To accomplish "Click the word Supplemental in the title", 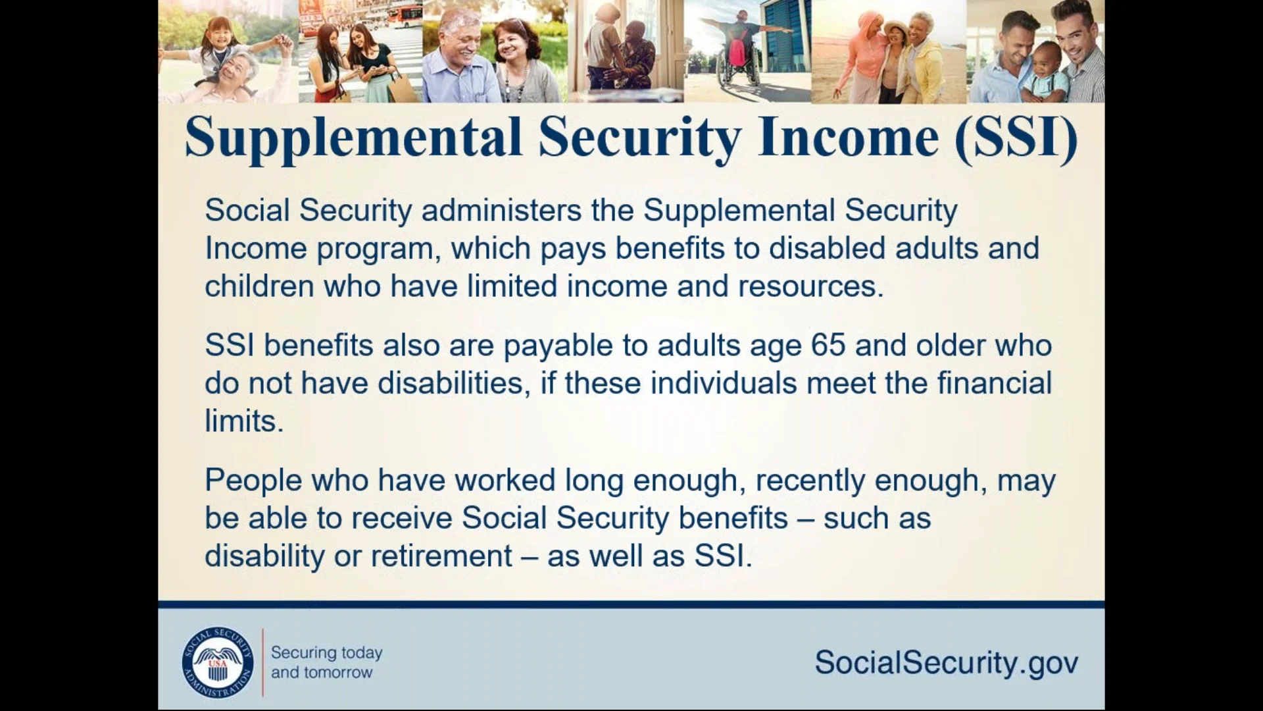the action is (354, 138).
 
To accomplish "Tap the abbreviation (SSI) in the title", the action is (1016, 138).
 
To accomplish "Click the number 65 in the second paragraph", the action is (828, 345).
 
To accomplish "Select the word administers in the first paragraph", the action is (501, 211).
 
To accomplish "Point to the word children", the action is (259, 286).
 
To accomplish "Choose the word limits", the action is (244, 421).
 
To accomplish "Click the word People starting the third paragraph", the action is (253, 481).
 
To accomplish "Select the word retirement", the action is (441, 556).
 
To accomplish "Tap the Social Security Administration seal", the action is (218, 662).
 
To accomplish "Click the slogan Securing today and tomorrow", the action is (326, 662).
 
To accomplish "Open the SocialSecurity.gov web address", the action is (947, 662).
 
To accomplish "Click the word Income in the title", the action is (848, 138).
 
